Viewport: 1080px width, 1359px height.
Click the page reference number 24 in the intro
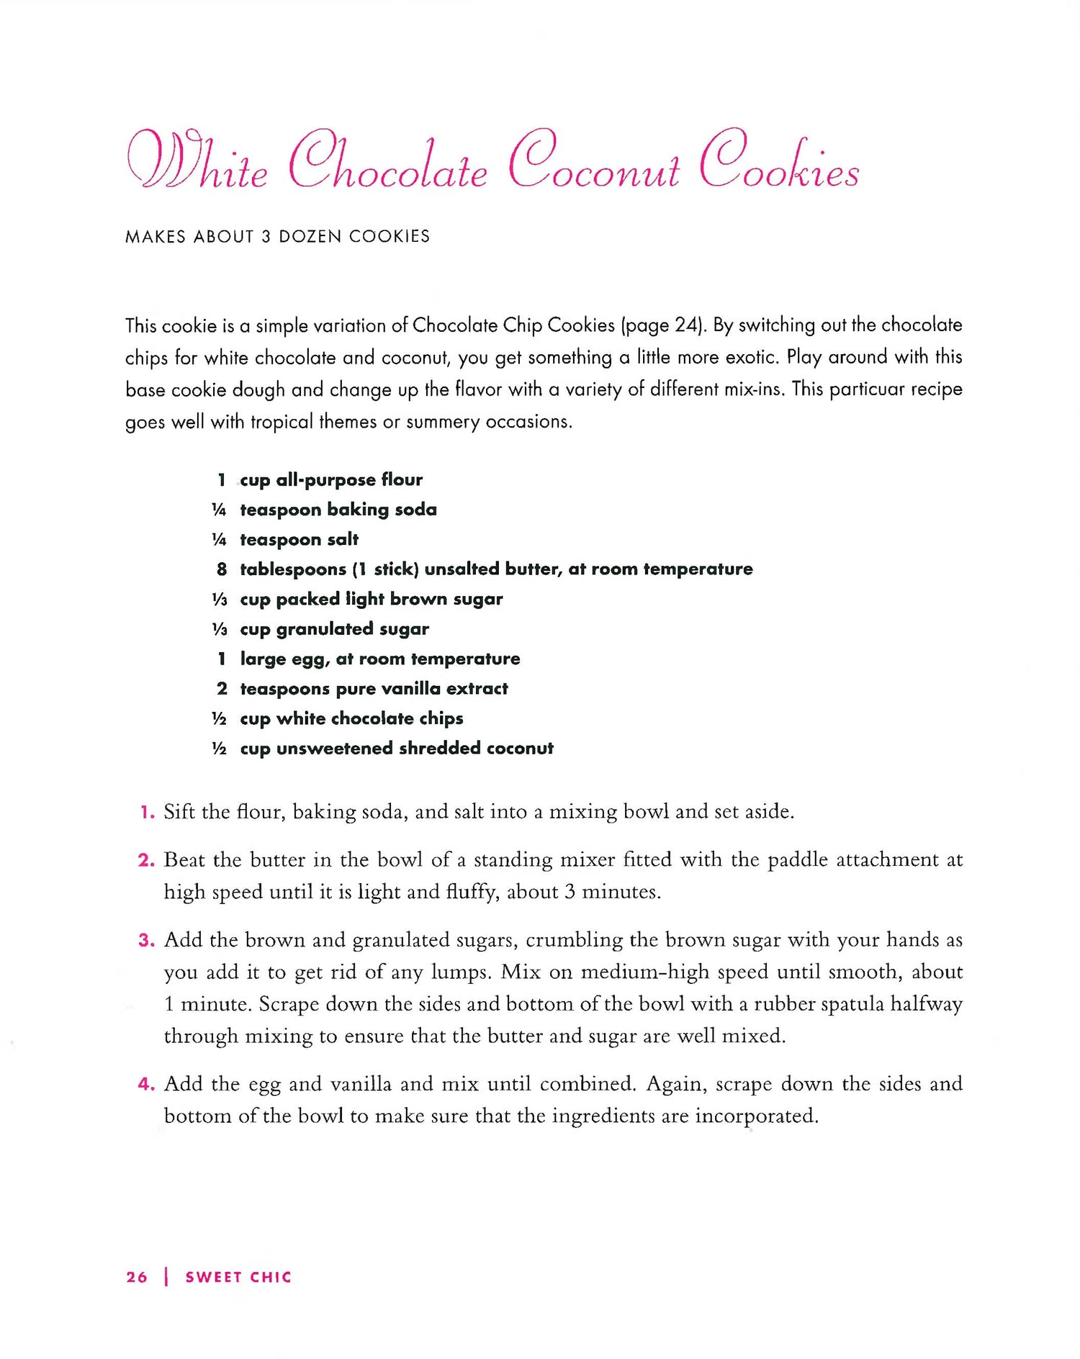[x=684, y=325]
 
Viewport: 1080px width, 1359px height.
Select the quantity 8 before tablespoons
[x=222, y=569]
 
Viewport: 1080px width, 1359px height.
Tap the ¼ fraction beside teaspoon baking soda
[x=219, y=510]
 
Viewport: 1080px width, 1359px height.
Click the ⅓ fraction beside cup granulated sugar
[x=219, y=630]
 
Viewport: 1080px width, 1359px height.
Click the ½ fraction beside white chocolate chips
[x=219, y=719]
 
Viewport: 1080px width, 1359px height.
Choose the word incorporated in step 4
[x=756, y=1116]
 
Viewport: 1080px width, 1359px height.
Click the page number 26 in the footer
[x=137, y=1277]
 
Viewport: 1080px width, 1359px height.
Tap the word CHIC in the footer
[x=271, y=1277]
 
